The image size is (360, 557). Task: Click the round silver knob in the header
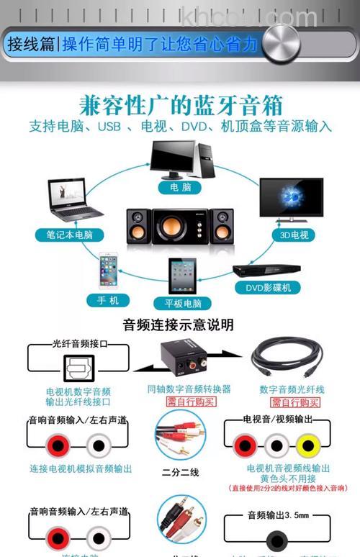pyautogui.click(x=281, y=42)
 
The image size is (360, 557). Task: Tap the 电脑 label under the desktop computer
pyautogui.click(x=180, y=186)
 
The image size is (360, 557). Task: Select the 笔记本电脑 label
pyautogui.click(x=70, y=235)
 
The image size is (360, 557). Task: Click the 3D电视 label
pyautogui.click(x=294, y=235)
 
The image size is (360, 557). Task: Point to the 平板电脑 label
pyautogui.click(x=182, y=303)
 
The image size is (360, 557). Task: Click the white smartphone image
pyautogui.click(x=109, y=271)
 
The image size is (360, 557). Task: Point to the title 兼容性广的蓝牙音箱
pyautogui.click(x=180, y=105)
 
